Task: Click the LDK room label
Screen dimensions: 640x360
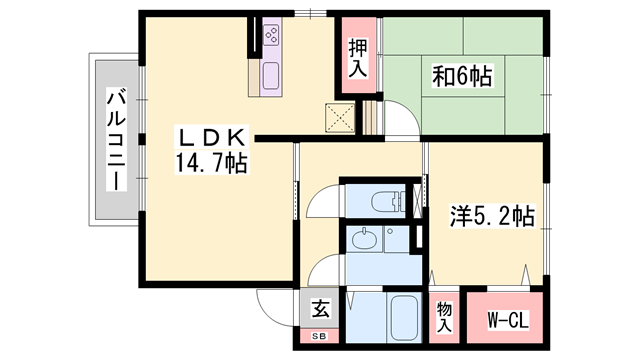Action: click(211, 138)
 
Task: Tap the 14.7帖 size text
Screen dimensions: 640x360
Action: click(211, 162)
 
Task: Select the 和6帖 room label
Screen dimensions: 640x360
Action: click(462, 76)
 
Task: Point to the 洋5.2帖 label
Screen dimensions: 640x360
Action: click(492, 216)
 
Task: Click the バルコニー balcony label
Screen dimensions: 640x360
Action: click(116, 140)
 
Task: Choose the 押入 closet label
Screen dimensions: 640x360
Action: click(358, 58)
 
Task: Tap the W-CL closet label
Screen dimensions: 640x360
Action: click(508, 320)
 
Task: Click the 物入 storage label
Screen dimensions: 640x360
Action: click(444, 317)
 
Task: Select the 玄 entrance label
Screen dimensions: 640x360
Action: click(320, 308)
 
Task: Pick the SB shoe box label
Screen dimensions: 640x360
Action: click(320, 336)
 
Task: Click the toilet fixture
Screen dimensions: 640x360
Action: click(388, 201)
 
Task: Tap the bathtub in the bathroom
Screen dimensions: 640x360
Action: click(404, 318)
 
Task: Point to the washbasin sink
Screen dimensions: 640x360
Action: click(364, 240)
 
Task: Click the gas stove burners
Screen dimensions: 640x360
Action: click(272, 35)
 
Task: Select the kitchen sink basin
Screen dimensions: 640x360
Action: click(271, 76)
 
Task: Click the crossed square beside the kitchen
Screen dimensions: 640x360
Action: click(340, 118)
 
